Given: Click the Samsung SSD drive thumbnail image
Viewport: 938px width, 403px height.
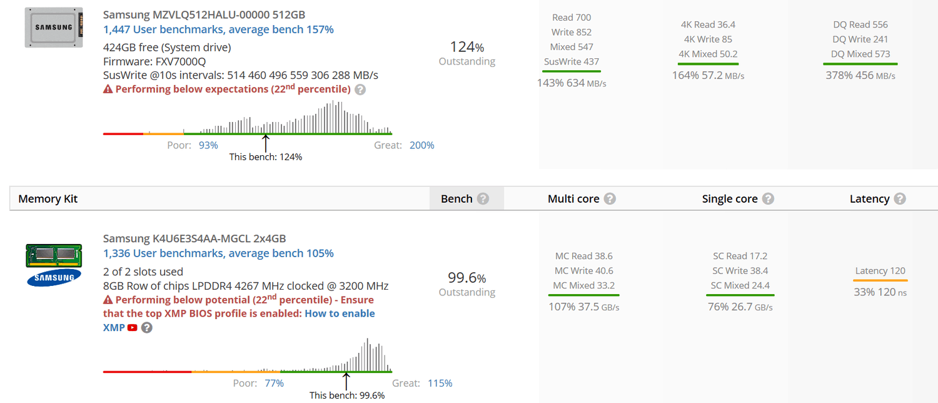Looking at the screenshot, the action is [54, 28].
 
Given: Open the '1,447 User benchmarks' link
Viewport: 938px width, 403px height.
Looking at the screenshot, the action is [218, 29].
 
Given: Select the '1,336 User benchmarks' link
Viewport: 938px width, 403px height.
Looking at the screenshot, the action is [218, 253].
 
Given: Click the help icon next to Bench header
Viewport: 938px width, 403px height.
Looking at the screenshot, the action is [483, 198].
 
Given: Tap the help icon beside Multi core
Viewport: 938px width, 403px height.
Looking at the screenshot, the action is [610, 198].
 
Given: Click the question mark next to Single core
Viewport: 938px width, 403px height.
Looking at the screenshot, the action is [768, 198].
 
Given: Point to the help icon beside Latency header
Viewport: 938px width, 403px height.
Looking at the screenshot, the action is [900, 198].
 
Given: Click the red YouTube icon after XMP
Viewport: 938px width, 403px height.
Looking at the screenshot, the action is [133, 328].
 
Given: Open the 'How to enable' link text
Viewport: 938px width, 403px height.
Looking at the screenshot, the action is [340, 314].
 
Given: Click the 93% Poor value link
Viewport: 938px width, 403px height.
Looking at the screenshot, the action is [208, 145].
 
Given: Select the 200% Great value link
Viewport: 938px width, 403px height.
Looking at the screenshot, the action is [421, 145].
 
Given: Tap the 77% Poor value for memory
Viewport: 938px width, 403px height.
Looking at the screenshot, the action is [275, 383].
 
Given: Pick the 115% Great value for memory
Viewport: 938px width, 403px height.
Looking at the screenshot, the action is [440, 383].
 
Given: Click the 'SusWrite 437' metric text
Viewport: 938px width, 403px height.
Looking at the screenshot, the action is [571, 61].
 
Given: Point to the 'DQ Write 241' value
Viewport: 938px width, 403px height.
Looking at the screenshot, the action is [860, 39].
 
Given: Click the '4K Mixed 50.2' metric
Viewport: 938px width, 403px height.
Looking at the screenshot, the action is [708, 54].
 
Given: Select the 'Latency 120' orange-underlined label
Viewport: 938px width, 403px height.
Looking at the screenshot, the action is [880, 270].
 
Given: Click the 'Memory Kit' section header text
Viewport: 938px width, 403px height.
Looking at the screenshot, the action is [48, 198].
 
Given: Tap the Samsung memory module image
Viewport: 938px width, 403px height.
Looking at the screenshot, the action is [54, 265].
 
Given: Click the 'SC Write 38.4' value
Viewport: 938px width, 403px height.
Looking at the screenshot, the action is [740, 270].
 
